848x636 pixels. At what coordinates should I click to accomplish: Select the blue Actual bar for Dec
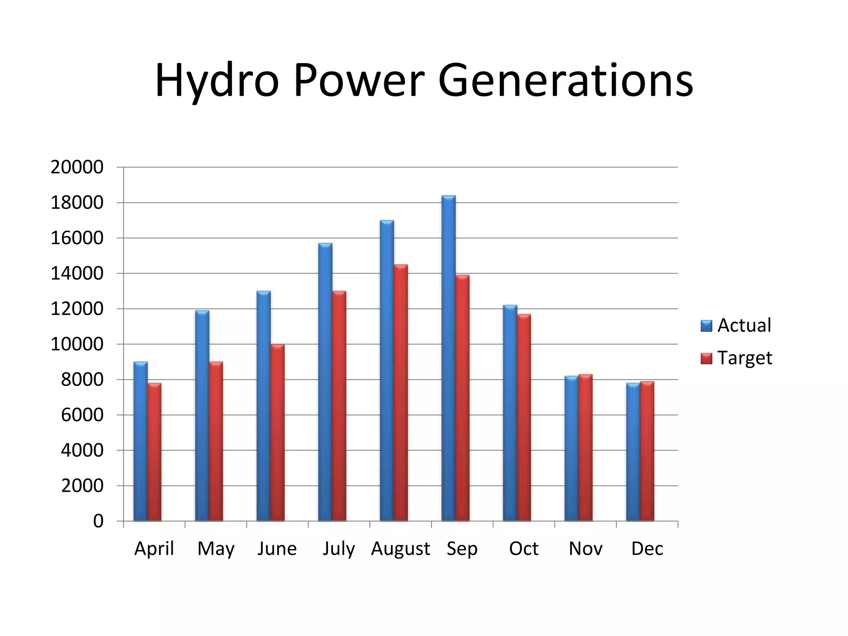633,452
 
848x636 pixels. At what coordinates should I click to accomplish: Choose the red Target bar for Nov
585,447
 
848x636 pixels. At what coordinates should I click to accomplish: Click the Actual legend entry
744,325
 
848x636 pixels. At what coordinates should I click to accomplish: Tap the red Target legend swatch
706,358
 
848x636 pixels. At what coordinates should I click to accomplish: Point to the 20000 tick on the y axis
77,167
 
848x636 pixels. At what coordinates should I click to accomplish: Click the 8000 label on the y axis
82,380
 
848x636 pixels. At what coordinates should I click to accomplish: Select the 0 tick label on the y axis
98,521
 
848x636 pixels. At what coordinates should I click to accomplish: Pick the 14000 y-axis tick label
77,273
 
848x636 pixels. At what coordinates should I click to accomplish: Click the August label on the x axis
400,549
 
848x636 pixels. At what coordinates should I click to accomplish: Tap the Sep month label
462,549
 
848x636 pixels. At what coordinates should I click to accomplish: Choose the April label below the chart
154,549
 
